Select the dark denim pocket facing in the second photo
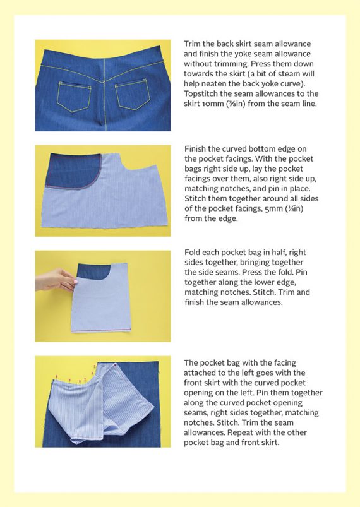[x=75, y=169]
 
